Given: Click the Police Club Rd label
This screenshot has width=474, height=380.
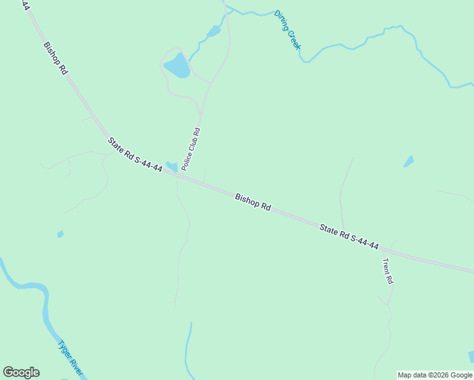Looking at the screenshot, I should [x=191, y=149].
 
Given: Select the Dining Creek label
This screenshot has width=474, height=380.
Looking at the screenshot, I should [x=288, y=30].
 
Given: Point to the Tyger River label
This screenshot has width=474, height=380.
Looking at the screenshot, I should [x=70, y=358].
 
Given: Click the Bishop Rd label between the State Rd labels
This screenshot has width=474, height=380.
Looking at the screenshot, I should [x=253, y=202].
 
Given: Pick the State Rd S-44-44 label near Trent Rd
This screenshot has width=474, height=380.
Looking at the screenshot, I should [x=349, y=237].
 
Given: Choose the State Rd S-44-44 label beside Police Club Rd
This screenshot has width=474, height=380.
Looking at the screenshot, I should [x=134, y=153].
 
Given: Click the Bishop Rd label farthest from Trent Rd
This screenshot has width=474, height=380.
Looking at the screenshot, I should [x=55, y=58].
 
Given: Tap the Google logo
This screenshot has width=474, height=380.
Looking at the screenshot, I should [x=21, y=372].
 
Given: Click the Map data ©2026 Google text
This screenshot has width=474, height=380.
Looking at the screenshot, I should [x=435, y=375].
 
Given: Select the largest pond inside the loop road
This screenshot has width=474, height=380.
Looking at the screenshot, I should [x=177, y=65].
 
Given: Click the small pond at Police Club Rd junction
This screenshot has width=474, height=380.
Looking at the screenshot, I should [x=171, y=167].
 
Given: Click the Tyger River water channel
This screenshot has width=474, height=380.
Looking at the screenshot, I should [x=44, y=310].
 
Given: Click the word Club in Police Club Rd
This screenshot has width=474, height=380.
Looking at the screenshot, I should [x=191, y=149].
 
